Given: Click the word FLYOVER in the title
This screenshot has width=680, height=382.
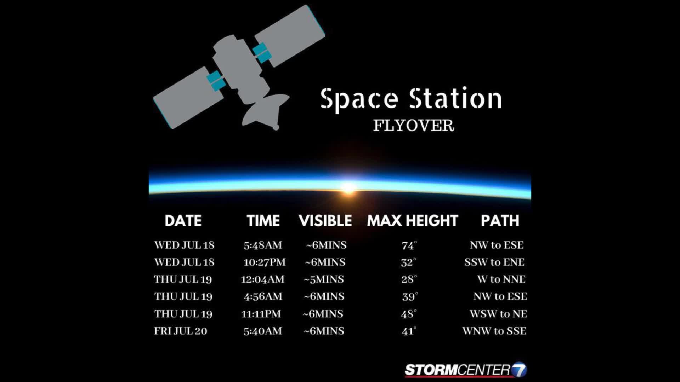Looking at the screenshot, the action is tap(414, 126).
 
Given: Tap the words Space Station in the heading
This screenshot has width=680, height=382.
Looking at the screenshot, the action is tap(411, 99).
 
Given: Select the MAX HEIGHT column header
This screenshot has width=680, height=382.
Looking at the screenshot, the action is tap(413, 221).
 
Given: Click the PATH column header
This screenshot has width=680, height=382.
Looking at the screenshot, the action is tap(500, 221).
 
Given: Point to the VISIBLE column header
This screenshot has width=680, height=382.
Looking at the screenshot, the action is tap(325, 221).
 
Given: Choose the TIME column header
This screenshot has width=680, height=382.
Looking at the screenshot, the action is tap(263, 221).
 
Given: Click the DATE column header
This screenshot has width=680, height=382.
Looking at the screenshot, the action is tap(183, 221).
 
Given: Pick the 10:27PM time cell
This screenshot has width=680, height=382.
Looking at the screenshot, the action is tap(265, 262).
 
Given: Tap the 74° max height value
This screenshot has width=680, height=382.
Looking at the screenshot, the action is tap(409, 245).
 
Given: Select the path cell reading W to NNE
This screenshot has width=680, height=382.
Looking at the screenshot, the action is tap(501, 279).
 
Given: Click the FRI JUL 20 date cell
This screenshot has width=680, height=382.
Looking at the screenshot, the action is tap(181, 331).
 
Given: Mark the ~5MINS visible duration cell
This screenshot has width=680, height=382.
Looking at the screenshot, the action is tap(324, 279).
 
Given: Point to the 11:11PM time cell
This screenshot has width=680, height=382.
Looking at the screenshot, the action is tap(261, 314).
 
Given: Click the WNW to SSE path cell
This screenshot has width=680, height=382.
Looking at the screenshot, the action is tap(494, 331).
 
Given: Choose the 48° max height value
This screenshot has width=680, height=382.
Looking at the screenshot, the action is tap(409, 314).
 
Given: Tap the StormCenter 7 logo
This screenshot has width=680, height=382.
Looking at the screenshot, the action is tap(466, 370).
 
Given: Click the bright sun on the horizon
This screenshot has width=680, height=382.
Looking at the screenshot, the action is tap(348, 187).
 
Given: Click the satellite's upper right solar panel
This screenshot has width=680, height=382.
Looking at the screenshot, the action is tap(290, 36).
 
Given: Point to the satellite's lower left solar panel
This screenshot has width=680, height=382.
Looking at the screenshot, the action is tap(188, 98).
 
